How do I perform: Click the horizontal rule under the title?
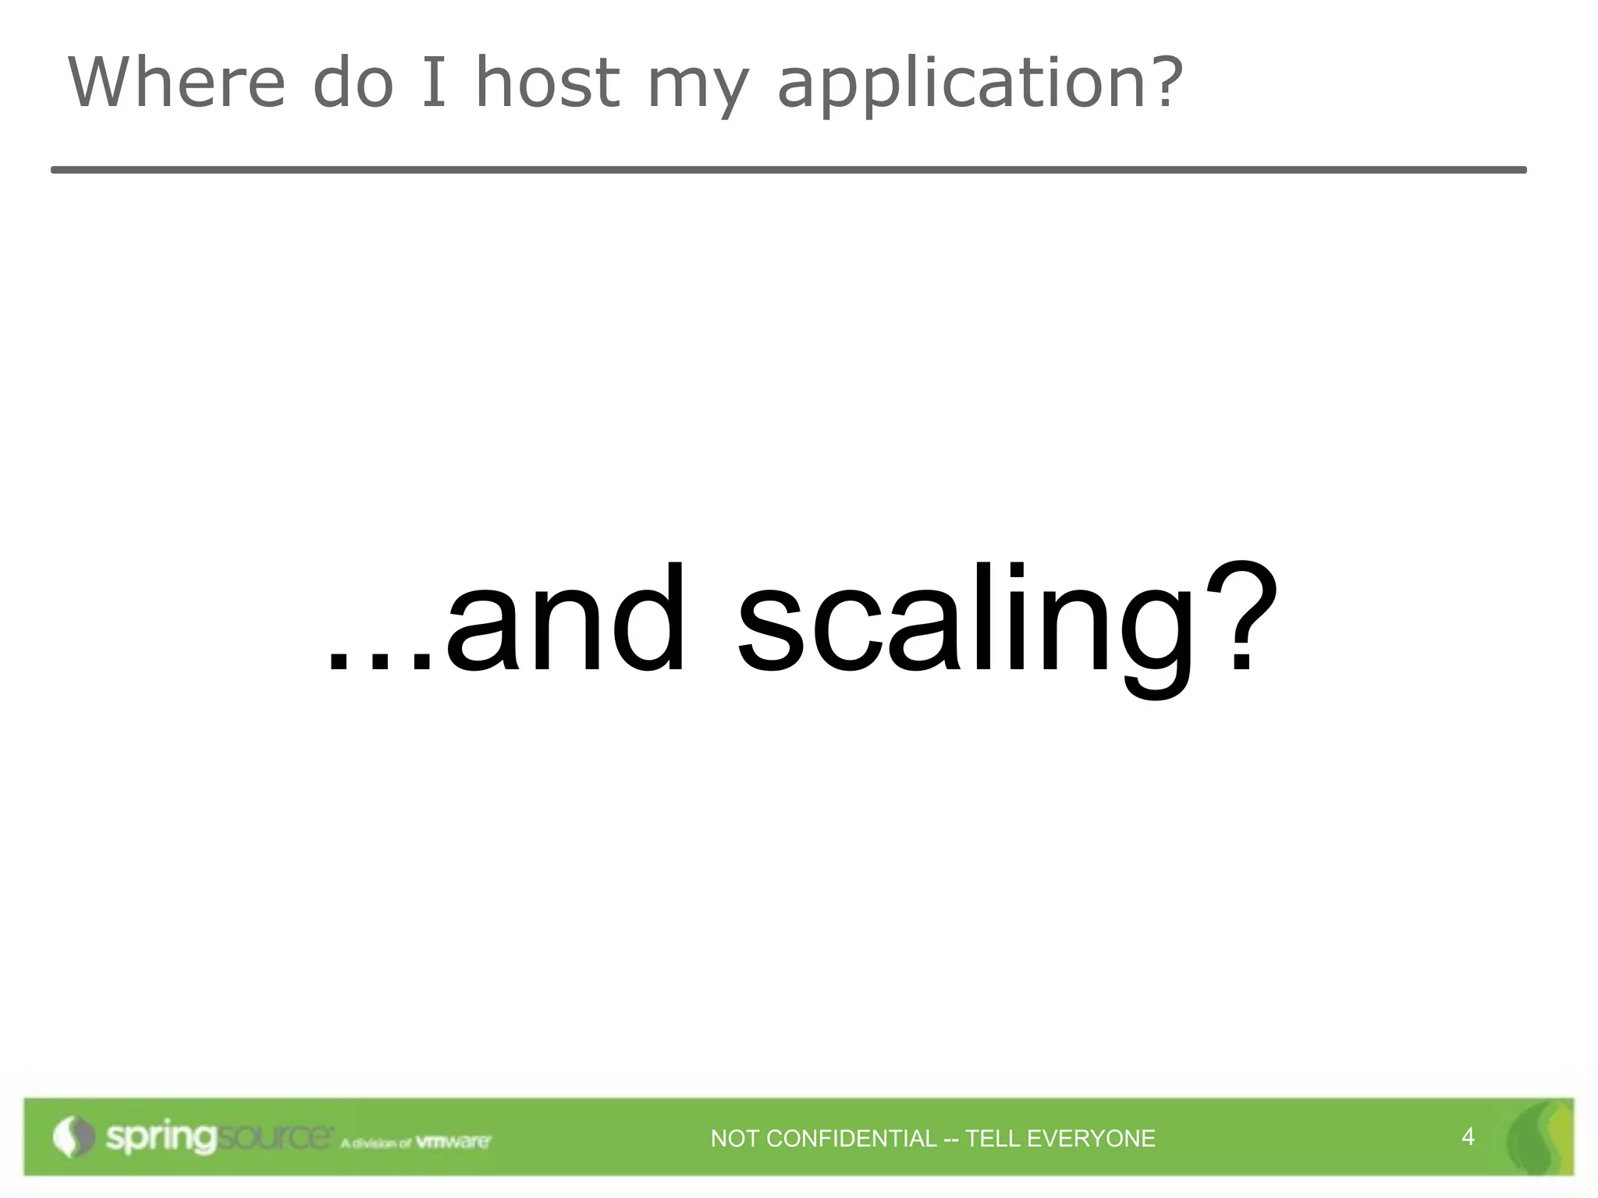[x=788, y=169]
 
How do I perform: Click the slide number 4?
[x=1468, y=1136]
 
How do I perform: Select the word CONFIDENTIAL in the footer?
[x=851, y=1139]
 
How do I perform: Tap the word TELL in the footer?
[x=991, y=1139]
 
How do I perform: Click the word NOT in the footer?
[x=734, y=1139]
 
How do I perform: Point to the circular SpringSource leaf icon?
[x=73, y=1137]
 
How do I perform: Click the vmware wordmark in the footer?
[x=453, y=1142]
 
